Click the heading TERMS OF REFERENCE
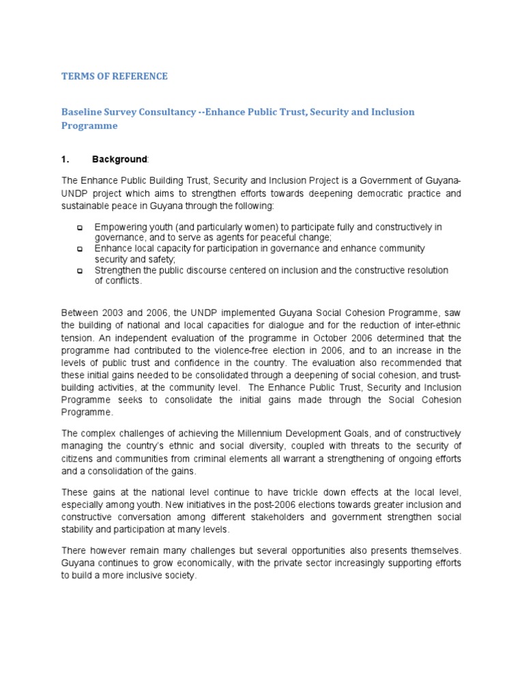click(114, 76)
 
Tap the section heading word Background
click(119, 159)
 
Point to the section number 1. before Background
click(66, 159)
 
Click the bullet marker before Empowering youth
click(79, 227)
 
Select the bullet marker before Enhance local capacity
click(79, 249)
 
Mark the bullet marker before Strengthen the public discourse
click(79, 271)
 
